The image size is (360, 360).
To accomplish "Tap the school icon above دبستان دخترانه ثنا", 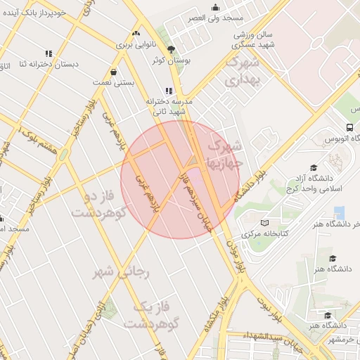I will click(49, 53).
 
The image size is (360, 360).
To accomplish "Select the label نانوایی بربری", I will click(134, 44).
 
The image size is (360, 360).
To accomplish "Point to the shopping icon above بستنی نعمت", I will click(113, 72).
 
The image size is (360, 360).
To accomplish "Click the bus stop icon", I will click(349, 127).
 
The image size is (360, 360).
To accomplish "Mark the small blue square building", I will click(340, 212).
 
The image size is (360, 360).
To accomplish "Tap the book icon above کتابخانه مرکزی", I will click(265, 223).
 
